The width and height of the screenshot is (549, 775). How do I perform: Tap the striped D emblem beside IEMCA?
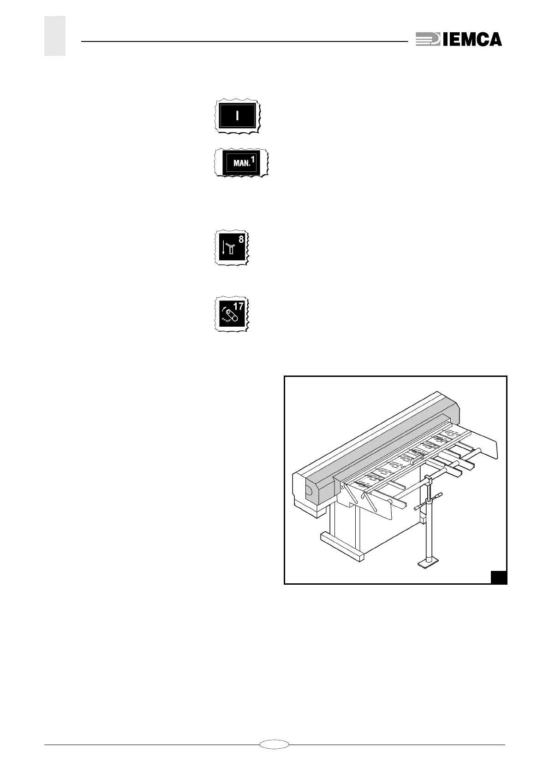pos(428,39)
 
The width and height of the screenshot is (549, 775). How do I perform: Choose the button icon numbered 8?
pos(232,248)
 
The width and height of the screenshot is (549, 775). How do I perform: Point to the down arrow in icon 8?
pos(223,248)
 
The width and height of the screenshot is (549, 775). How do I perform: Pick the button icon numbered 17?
pos(232,314)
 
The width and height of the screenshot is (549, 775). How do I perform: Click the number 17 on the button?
pos(238,306)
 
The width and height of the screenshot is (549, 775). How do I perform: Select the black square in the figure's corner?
pos(498,577)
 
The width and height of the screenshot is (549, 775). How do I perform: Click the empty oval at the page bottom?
pos(274,743)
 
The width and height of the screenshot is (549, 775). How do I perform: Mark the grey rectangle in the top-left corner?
pos(55,36)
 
